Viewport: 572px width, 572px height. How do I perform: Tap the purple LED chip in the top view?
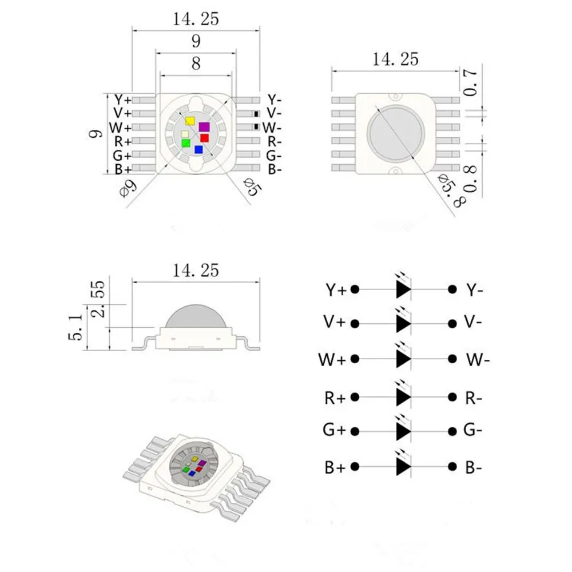point(204,127)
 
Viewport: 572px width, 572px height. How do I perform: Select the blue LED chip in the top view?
point(198,149)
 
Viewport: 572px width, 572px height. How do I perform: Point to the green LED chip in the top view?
point(185,144)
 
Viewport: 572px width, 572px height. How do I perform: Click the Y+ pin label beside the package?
point(122,100)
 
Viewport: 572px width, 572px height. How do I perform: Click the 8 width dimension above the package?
point(196,64)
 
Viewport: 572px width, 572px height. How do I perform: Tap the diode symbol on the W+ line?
point(403,359)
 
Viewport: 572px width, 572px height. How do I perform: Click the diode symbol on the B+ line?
point(403,466)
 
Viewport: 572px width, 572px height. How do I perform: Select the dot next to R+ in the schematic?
point(355,396)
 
